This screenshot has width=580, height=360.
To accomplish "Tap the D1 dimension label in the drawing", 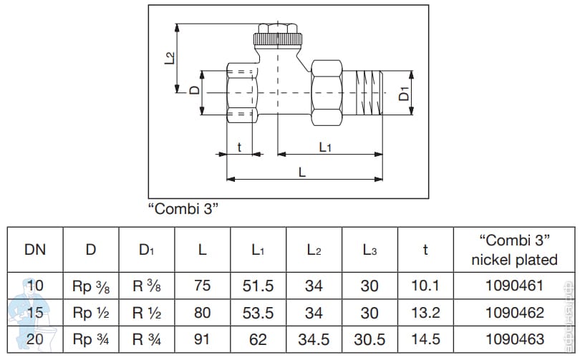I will pyautogui.click(x=404, y=92).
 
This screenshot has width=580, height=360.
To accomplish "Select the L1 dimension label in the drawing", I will pyautogui.click(x=324, y=147).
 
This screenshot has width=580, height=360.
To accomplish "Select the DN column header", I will pyautogui.click(x=35, y=250).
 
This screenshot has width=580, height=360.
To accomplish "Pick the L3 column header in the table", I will pyautogui.click(x=369, y=250).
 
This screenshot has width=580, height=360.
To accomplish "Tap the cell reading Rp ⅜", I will pyautogui.click(x=91, y=286).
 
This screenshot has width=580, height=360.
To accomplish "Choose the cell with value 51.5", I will pyautogui.click(x=258, y=286).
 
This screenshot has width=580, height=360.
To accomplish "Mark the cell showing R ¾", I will pyautogui.click(x=147, y=340).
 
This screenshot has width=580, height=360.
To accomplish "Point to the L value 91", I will pyautogui.click(x=203, y=340).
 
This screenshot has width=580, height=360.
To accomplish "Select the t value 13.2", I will pyautogui.click(x=425, y=313).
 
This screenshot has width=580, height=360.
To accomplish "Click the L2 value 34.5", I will pyautogui.click(x=314, y=340).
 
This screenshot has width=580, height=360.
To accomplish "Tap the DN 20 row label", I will pyautogui.click(x=35, y=340).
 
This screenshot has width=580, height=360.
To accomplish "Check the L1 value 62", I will pyautogui.click(x=258, y=340).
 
